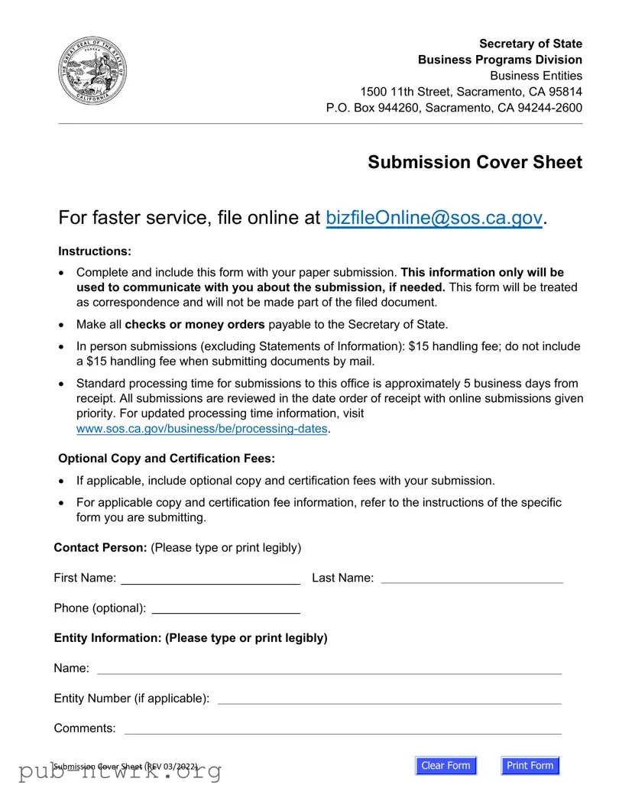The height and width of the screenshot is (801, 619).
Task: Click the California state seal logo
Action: coord(93,72)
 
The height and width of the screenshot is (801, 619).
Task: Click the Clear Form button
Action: coord(446,766)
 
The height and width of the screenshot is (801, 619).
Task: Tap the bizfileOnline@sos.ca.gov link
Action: coord(434,218)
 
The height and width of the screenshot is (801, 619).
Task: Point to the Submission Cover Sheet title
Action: coord(475,162)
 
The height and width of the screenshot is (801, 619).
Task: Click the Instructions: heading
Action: coord(95,251)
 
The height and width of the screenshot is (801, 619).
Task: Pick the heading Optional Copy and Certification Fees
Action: coord(166,459)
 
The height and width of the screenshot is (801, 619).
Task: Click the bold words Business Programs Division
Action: coord(500,60)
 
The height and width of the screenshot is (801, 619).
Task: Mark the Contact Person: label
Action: coord(100,547)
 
